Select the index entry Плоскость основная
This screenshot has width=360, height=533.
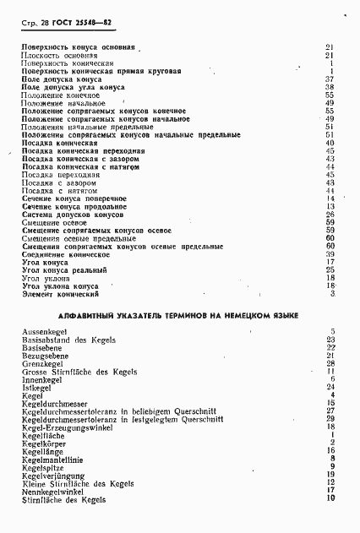pyautogui.click(x=58, y=55)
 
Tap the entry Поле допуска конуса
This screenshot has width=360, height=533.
pyautogui.click(x=61, y=79)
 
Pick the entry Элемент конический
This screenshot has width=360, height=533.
pyautogui.click(x=60, y=294)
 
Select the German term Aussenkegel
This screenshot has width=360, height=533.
pyautogui.click(x=43, y=331)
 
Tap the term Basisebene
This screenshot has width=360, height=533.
pyautogui.click(x=41, y=347)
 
